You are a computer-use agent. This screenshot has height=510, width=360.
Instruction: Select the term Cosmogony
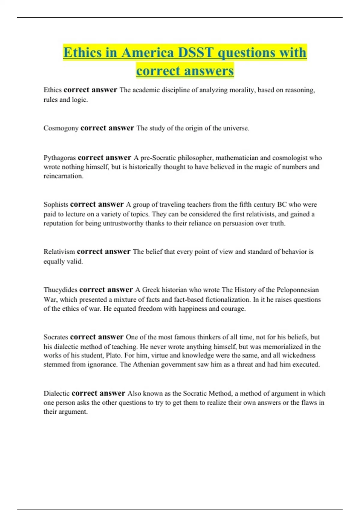click(x=61, y=128)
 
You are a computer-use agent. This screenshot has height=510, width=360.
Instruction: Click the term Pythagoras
click(x=59, y=158)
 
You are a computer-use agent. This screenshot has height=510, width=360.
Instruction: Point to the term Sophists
click(x=56, y=205)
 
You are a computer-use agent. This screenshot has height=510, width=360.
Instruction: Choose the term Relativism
click(x=59, y=252)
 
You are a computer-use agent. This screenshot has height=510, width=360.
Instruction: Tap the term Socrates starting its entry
click(x=56, y=337)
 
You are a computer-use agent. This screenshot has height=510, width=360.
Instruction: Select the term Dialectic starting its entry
click(x=56, y=393)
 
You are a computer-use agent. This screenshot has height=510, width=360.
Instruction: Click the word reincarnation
click(x=63, y=176)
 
